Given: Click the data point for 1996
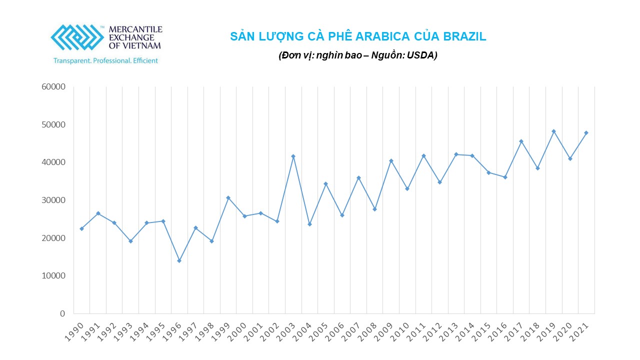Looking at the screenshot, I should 179,260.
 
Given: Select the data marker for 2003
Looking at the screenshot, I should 293,156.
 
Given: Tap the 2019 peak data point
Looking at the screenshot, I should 553,131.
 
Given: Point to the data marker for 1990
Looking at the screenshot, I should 81,228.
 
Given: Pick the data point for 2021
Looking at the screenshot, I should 586,132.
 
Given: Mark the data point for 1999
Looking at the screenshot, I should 228,197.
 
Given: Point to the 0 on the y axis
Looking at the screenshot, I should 62,313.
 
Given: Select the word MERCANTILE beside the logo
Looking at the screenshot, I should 135,29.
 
